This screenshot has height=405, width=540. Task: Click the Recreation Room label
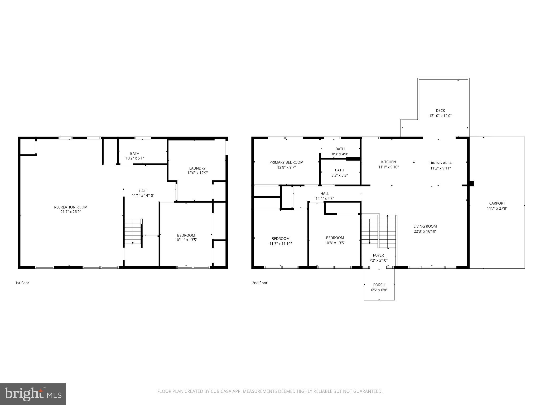pyautogui.click(x=71, y=207)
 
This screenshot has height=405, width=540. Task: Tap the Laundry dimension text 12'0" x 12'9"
pyautogui.click(x=197, y=173)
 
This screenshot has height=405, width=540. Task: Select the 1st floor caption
pyautogui.click(x=22, y=283)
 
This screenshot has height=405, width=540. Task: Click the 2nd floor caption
pyautogui.click(x=259, y=283)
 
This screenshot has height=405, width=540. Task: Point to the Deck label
pyautogui.click(x=440, y=110)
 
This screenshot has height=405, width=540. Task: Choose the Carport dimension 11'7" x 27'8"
pyautogui.click(x=497, y=208)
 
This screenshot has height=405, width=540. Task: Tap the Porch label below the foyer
pyautogui.click(x=379, y=285)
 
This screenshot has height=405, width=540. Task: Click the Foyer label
pyautogui.click(x=378, y=255)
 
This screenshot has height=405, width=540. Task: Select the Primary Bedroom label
pyautogui.click(x=286, y=162)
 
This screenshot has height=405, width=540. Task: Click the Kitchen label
pyautogui.click(x=388, y=162)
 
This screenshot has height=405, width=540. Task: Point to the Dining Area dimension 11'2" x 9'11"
pyautogui.click(x=440, y=168)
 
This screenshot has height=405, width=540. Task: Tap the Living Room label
pyautogui.click(x=425, y=226)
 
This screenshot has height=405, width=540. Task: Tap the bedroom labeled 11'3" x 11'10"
pyautogui.click(x=280, y=241)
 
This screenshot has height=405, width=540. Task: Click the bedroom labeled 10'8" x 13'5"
pyautogui.click(x=335, y=240)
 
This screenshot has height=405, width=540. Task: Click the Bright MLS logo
pyautogui.click(x=33, y=394)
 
